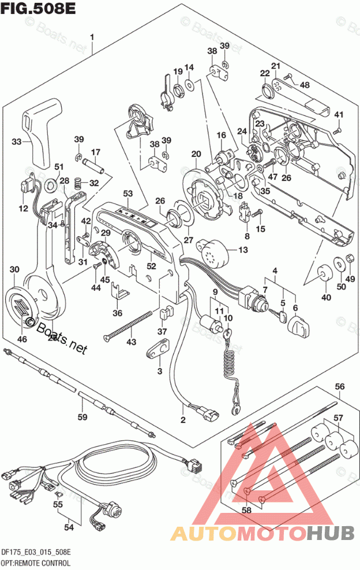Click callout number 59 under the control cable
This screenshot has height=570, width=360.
pyautogui.click(x=82, y=417)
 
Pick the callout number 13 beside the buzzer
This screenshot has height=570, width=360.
pyautogui.click(x=242, y=249)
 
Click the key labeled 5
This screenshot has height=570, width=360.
pyautogui.click(x=282, y=316)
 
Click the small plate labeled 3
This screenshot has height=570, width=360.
pyautogui.click(x=159, y=348)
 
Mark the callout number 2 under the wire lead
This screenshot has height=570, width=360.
pyautogui.click(x=183, y=419)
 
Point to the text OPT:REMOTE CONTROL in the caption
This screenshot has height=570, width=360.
pyautogui.click(x=36, y=562)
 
